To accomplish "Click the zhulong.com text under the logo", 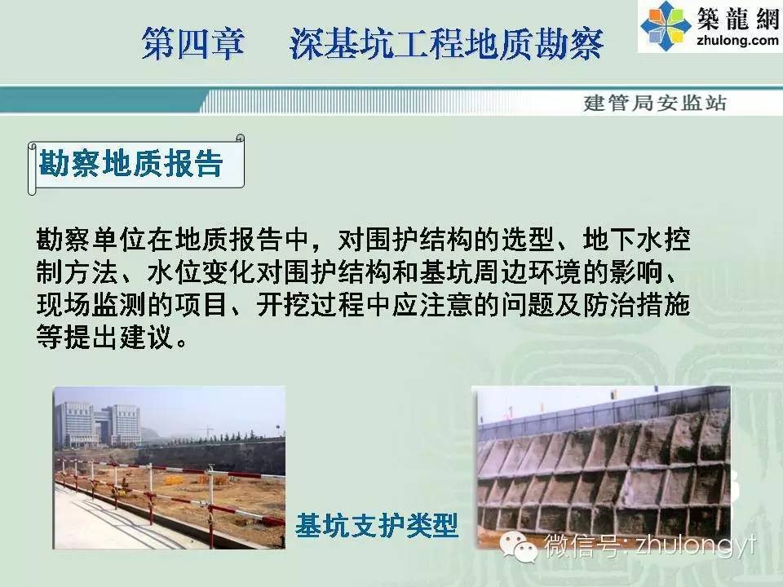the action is [x=737, y=40].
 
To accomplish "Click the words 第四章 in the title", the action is [x=194, y=43].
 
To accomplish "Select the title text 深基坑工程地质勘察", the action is [x=447, y=43].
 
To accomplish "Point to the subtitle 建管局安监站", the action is [x=655, y=103].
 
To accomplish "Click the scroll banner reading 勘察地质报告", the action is [x=136, y=164].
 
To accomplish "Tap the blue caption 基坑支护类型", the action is [x=377, y=525].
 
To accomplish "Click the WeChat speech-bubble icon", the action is [x=518, y=546].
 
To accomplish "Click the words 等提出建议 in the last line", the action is [x=105, y=337].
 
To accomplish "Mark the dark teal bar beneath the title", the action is [x=103, y=99].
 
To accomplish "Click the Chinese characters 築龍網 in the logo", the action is [x=738, y=19].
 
